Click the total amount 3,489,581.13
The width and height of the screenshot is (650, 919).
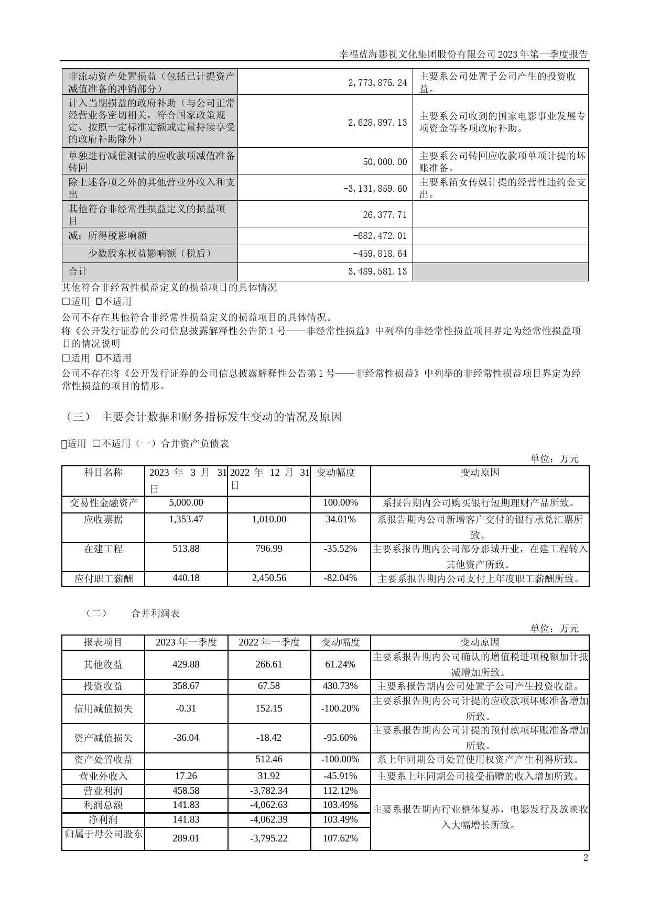[x=377, y=272]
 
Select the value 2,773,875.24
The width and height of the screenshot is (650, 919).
[x=377, y=83]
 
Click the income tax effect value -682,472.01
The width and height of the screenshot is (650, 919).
[x=380, y=236]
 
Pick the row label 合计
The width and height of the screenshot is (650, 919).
[x=79, y=271]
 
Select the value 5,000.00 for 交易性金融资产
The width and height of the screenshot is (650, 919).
[x=186, y=503]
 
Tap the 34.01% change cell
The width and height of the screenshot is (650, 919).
[x=340, y=520]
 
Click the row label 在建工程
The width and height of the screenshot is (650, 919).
[x=103, y=549]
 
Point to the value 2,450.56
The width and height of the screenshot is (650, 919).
[x=269, y=578]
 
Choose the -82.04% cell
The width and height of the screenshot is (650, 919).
[x=340, y=578]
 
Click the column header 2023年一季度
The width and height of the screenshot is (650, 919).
[x=186, y=642]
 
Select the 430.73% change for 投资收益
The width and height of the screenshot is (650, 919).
[x=340, y=686]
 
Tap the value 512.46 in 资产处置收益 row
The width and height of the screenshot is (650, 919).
[x=269, y=760]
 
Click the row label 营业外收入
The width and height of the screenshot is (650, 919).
[x=103, y=776]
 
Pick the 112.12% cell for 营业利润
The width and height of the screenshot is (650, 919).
[x=340, y=791]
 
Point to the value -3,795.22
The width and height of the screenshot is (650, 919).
[x=269, y=838]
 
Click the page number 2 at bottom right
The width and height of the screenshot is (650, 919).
[x=586, y=858]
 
